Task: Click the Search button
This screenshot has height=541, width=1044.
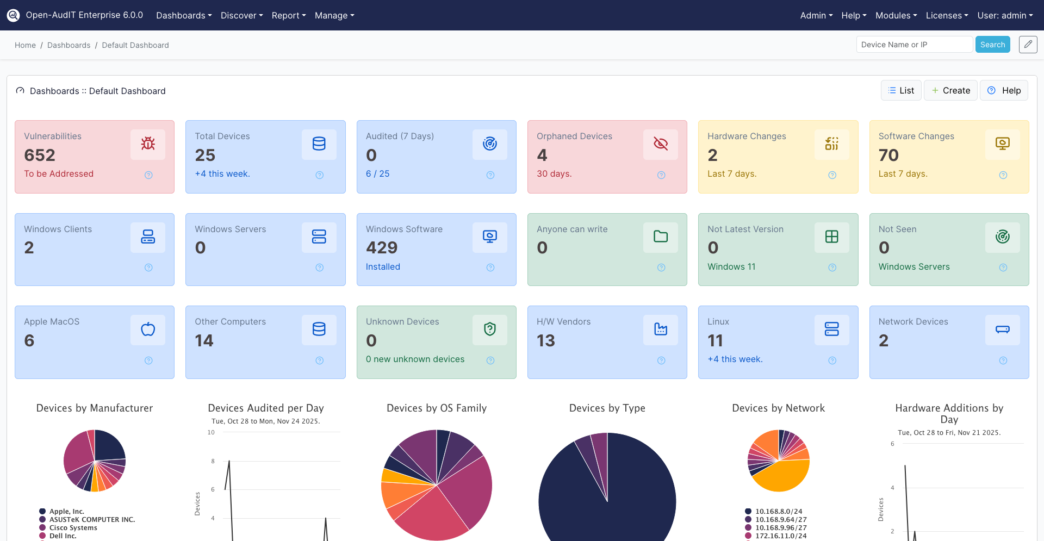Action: point(992,45)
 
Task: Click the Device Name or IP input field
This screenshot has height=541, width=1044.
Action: point(914,45)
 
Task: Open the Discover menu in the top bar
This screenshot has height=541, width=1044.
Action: point(241,15)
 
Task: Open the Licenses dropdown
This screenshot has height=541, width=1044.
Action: point(947,15)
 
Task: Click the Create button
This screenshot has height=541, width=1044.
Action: point(950,90)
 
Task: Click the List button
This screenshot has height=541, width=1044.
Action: point(901,90)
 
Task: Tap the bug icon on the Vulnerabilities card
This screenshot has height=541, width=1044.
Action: point(148,144)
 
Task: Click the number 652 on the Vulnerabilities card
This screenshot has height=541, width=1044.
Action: point(40,156)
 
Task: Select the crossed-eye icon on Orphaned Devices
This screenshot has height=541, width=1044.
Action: point(661,144)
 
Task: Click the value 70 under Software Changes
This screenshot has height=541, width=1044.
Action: point(888,156)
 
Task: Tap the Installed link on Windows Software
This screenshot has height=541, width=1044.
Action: point(383,266)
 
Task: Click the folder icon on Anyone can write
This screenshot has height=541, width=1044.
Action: point(661,237)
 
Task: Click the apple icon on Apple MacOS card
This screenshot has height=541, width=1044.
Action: point(148,329)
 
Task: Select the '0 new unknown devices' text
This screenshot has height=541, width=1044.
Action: point(415,359)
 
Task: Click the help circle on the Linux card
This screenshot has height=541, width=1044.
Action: point(832,360)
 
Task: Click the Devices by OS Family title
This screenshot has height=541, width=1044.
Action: point(436,408)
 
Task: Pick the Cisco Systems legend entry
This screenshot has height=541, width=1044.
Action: point(73,527)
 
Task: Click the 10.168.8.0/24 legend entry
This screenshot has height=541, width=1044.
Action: point(778,511)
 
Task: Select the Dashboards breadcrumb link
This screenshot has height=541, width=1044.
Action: point(69,45)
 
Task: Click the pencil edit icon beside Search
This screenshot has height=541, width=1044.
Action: point(1028,45)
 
